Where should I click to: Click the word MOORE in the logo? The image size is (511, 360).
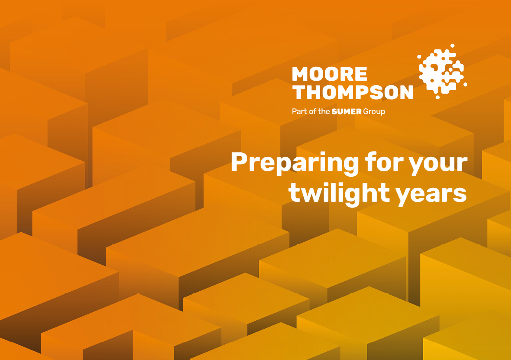point(329,74)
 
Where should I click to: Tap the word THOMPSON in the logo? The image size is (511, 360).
point(352,92)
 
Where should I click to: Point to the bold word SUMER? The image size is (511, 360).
point(347,112)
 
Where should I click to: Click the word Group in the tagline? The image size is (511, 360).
point(374,112)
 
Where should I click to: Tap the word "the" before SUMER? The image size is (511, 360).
point(324,112)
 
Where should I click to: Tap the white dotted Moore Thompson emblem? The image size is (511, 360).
point(442,72)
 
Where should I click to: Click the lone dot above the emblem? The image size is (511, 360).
point(452,46)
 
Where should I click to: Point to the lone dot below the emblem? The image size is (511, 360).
point(438,97)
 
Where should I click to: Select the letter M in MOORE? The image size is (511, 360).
point(301,74)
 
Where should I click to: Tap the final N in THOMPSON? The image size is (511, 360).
point(406,92)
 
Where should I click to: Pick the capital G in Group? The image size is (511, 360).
point(366,112)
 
